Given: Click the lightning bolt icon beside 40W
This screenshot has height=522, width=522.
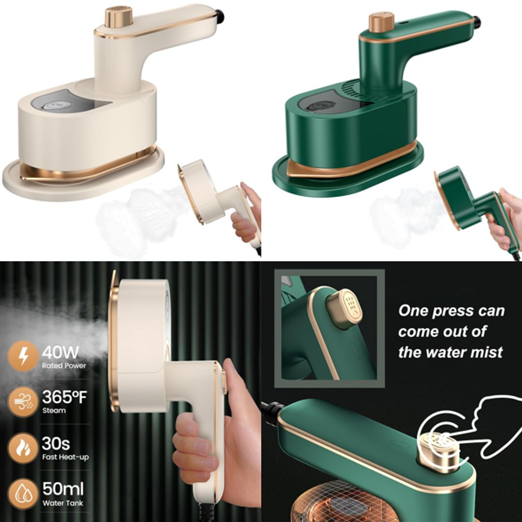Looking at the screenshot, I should (x=23, y=356).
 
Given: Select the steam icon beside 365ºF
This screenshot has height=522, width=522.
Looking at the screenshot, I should (x=23, y=402).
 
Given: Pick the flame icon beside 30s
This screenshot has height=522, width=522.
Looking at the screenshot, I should (x=23, y=448).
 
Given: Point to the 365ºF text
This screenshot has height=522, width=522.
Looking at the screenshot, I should (x=64, y=397).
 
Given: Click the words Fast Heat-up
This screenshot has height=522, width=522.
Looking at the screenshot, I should (x=65, y=457).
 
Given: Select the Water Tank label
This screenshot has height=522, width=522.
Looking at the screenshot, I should (x=62, y=503).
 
